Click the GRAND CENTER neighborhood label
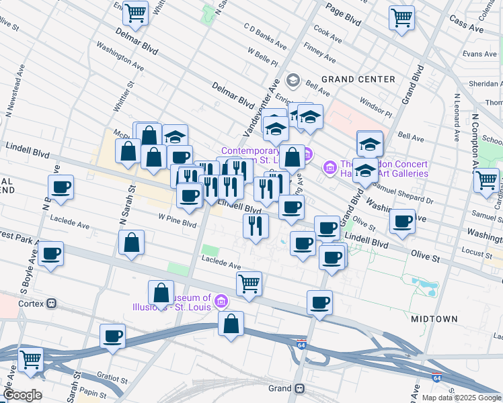tap(358, 79)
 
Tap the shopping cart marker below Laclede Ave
tap(249, 283)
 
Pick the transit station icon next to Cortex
tap(52, 303)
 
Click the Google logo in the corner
tap(23, 395)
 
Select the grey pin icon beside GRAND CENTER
tap(293, 81)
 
